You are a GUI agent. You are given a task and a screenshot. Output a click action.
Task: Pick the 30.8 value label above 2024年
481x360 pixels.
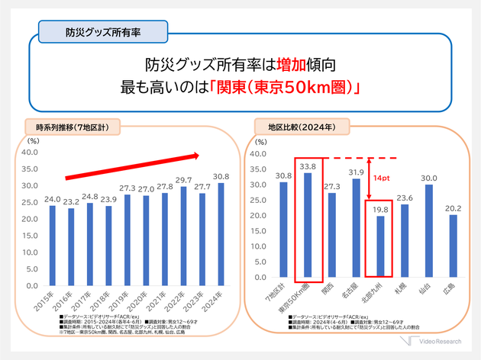(x=221, y=176)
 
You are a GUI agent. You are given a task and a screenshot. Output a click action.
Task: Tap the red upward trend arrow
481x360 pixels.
(x=131, y=167)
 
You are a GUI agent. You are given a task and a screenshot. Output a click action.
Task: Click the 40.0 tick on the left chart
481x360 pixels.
(x=30, y=153)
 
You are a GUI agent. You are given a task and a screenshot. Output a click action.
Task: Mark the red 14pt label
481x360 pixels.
(x=383, y=177)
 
